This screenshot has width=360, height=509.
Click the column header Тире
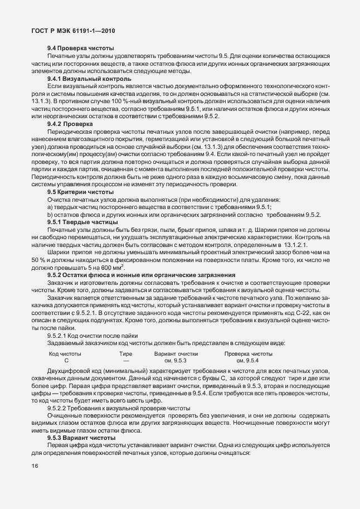coord(126,353)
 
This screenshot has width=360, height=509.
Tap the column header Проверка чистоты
coord(249,353)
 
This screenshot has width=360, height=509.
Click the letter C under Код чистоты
coord(66,361)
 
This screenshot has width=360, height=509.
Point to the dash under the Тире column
coord(126,361)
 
